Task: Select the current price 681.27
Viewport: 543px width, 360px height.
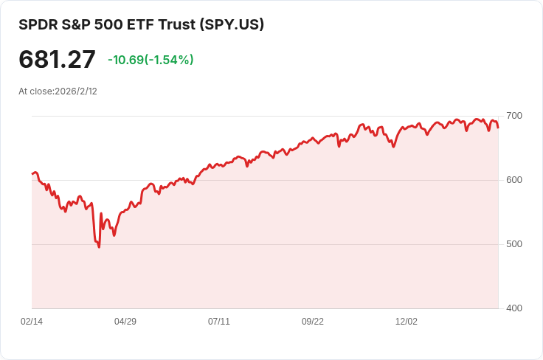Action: (x=57, y=60)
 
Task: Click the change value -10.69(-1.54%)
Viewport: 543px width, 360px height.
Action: (x=151, y=60)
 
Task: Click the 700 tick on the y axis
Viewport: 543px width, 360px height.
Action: (x=513, y=116)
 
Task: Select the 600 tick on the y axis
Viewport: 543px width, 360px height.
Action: (x=513, y=180)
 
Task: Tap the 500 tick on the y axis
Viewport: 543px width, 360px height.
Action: (x=513, y=244)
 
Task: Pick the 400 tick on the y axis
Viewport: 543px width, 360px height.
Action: (x=513, y=308)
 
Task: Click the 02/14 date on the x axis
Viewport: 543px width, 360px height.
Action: (x=32, y=322)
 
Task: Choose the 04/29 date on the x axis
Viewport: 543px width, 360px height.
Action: (x=125, y=322)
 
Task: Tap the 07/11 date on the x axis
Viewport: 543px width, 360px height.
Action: (x=219, y=322)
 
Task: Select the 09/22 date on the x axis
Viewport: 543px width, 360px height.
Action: (x=313, y=322)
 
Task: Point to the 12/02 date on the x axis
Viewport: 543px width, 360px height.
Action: (x=407, y=322)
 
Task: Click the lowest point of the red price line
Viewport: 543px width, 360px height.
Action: (x=99, y=246)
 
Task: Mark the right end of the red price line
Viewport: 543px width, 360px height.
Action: (x=498, y=128)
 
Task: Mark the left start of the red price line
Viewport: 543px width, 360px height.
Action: (x=32, y=173)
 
